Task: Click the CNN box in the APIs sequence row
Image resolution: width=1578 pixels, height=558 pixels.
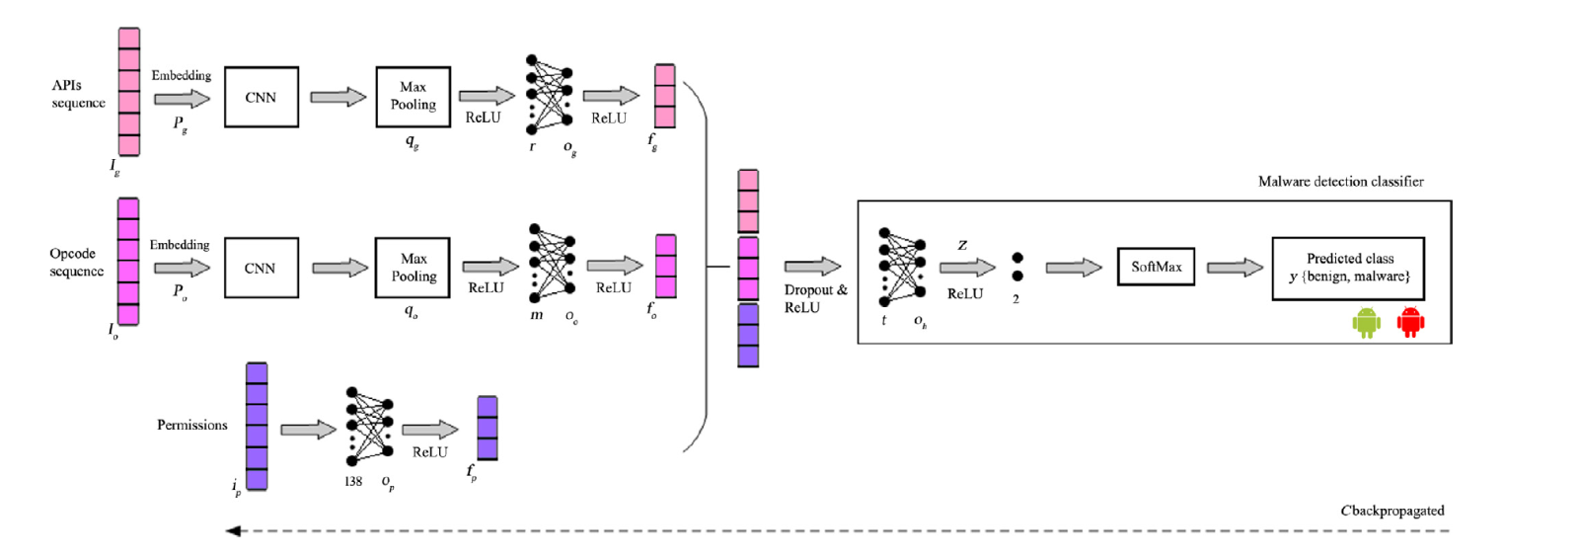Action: tap(261, 97)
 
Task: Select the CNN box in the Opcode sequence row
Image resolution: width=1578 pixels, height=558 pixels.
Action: tap(261, 268)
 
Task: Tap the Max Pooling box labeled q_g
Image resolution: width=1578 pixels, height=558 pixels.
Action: tap(413, 97)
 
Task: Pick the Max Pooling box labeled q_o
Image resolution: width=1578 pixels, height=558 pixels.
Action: tap(413, 268)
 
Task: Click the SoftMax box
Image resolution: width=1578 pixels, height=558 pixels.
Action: tap(1156, 267)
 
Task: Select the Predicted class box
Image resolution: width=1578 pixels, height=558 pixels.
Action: tap(1348, 268)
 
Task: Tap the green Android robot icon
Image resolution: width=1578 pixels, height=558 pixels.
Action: tap(1366, 322)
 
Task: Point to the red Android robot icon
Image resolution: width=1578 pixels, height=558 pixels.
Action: tap(1411, 322)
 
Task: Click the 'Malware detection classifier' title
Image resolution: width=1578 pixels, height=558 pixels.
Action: tap(1340, 182)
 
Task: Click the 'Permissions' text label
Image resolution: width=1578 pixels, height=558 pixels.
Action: tap(191, 425)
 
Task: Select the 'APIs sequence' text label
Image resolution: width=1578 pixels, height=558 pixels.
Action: tap(78, 94)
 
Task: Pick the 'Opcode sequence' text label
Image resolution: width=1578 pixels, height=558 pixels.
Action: tap(76, 263)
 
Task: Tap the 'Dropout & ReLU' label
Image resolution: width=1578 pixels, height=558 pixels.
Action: tap(815, 298)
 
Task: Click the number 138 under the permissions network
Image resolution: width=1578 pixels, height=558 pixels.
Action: tap(353, 482)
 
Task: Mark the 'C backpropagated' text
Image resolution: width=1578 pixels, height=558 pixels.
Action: tap(1391, 511)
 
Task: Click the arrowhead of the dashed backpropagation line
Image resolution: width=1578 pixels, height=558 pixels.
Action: tap(233, 531)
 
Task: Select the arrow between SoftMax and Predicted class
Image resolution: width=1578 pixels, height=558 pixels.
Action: tap(1235, 267)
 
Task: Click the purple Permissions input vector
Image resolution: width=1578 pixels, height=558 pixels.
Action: tap(257, 426)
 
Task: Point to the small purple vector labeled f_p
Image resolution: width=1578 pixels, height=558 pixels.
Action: tap(488, 428)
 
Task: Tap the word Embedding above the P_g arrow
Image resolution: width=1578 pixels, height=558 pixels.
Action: tap(181, 75)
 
